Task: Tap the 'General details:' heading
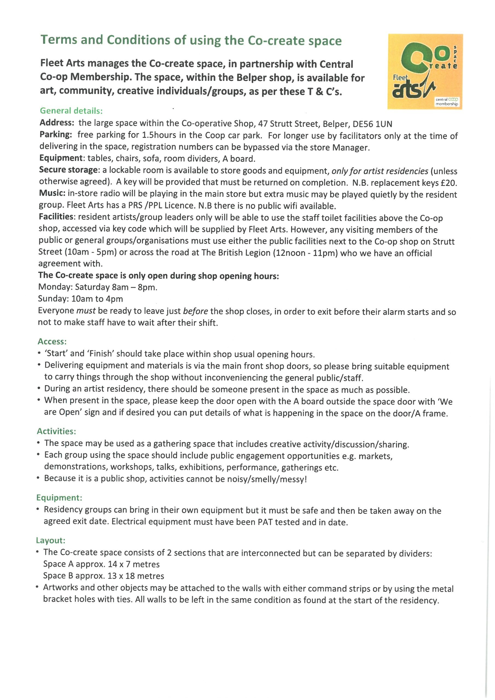click(x=71, y=111)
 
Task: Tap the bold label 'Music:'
click(x=52, y=193)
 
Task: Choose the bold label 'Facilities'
click(x=56, y=217)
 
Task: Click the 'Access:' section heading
click(x=52, y=342)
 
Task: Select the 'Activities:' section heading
click(x=56, y=431)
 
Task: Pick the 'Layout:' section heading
click(x=51, y=541)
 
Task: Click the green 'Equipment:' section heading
click(x=59, y=498)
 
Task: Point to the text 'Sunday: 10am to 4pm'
click(x=80, y=299)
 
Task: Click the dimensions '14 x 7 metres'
click(x=133, y=564)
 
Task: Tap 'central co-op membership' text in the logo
click(x=447, y=101)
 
